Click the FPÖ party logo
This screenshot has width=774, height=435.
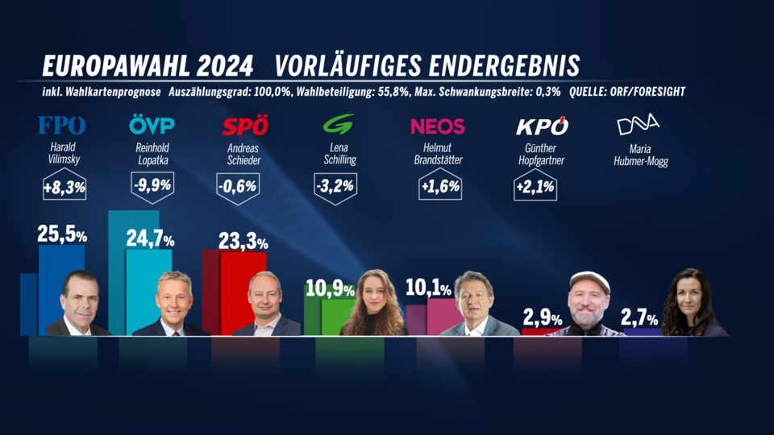[62, 126]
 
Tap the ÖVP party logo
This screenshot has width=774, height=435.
[152, 126]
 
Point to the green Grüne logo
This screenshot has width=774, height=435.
[337, 126]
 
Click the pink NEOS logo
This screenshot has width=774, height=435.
[438, 126]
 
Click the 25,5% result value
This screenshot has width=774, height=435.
[62, 234]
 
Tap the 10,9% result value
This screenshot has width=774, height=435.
[329, 288]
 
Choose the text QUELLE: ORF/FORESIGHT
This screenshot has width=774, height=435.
[627, 91]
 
